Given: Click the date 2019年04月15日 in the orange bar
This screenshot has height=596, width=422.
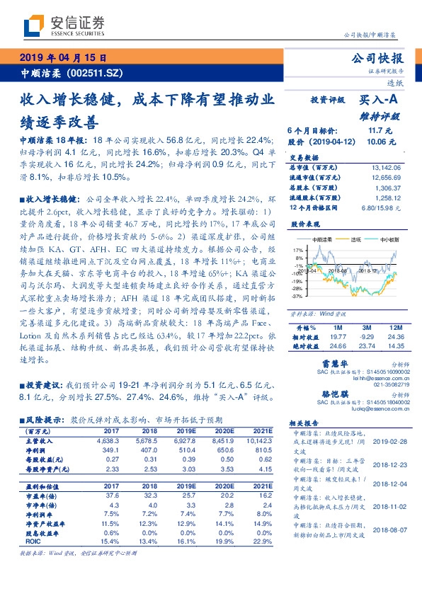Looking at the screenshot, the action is pos(63,58).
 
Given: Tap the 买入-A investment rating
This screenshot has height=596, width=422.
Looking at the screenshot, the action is pos(380,101).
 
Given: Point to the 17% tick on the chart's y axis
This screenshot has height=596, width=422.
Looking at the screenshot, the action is pos(297,250).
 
